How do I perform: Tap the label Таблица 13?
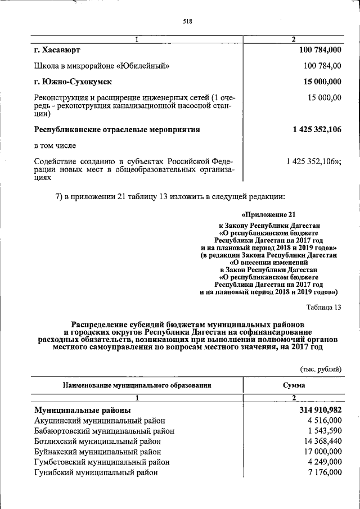point(324,307)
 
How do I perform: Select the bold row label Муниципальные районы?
point(82,410)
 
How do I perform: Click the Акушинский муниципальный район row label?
point(100,421)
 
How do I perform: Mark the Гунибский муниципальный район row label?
point(96,472)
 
